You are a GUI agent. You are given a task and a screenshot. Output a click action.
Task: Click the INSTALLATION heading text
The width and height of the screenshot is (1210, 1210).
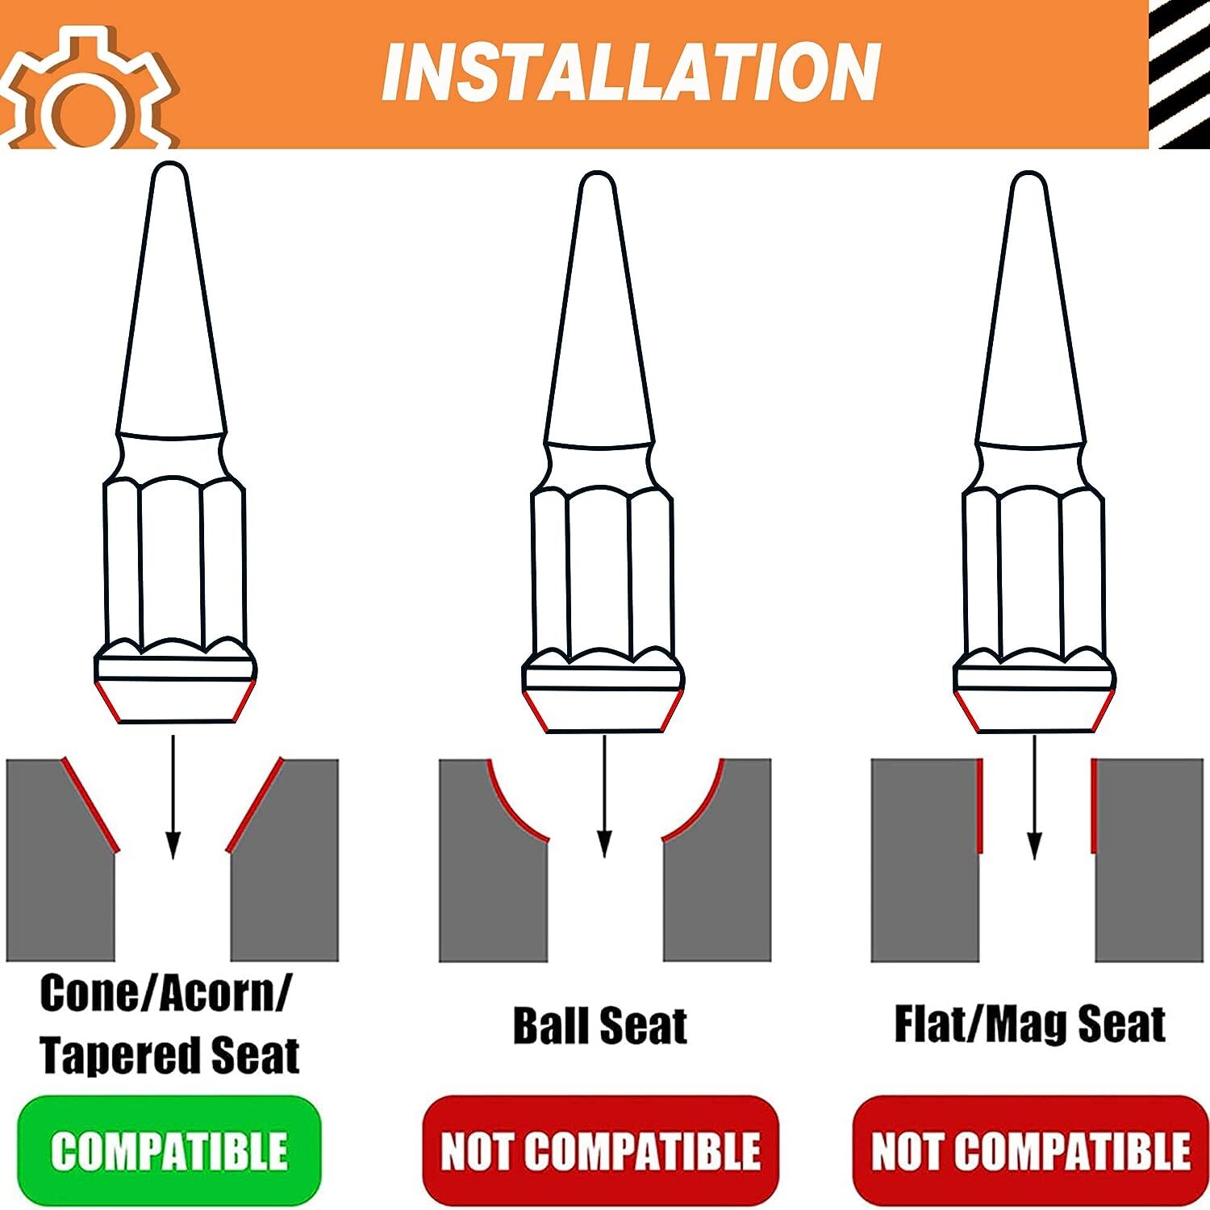[631, 73]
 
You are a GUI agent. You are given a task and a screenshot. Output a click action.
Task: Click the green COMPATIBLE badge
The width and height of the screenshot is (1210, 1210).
[169, 1149]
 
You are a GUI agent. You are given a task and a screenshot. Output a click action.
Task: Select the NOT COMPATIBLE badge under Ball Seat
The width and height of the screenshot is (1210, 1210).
[600, 1149]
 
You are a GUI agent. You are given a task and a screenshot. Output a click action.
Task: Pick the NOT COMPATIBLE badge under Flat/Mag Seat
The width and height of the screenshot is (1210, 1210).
[1030, 1149]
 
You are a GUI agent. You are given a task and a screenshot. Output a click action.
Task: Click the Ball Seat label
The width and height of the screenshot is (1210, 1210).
[600, 1025]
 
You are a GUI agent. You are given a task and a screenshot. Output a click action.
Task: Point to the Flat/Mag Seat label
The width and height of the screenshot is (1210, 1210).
[1030, 1024]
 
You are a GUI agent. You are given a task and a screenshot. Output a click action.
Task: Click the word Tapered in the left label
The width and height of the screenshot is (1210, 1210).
[119, 1055]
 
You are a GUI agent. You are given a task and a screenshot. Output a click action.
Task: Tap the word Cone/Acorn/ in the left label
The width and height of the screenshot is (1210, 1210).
[166, 994]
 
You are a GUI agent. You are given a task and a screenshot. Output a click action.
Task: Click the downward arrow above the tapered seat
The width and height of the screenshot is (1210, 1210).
[172, 797]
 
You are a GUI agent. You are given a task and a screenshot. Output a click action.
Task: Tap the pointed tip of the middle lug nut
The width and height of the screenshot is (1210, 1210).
[598, 173]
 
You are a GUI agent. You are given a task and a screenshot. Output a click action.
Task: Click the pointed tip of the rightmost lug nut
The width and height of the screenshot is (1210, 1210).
[1028, 173]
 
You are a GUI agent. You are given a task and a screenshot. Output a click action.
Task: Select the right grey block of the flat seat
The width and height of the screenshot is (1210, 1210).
[1149, 860]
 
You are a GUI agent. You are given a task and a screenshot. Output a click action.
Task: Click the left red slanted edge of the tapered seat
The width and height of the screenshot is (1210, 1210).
[90, 805]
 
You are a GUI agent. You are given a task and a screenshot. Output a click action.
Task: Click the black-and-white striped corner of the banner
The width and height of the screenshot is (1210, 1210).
[1179, 74]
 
